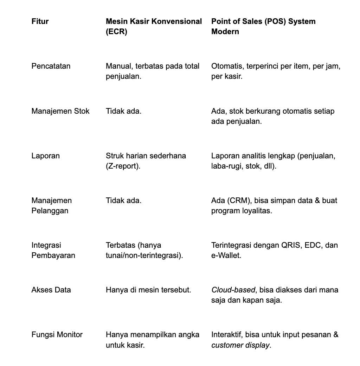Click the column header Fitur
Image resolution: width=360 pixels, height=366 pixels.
[40, 21]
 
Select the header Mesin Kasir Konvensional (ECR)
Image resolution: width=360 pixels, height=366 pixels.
[154, 26]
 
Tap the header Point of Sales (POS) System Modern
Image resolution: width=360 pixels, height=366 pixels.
[263, 26]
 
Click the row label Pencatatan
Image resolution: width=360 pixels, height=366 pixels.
[51, 66]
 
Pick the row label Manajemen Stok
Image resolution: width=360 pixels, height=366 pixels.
[60, 111]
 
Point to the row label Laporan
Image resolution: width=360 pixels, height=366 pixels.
[45, 156]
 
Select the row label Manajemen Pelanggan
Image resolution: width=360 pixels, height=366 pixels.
[51, 206]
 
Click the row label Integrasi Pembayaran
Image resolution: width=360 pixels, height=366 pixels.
[53, 250]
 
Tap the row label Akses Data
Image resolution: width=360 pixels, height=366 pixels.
[51, 290]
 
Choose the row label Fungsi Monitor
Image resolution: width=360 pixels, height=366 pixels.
[57, 335]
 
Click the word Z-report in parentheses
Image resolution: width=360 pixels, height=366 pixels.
[123, 166]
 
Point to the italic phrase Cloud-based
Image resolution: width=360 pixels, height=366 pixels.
[233, 290]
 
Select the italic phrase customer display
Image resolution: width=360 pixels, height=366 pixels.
[240, 345]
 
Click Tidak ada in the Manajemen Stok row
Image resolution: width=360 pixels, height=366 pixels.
[123, 111]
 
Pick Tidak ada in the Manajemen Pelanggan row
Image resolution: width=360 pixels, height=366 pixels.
[123, 201]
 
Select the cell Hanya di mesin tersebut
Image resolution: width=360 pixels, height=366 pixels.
[148, 290]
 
